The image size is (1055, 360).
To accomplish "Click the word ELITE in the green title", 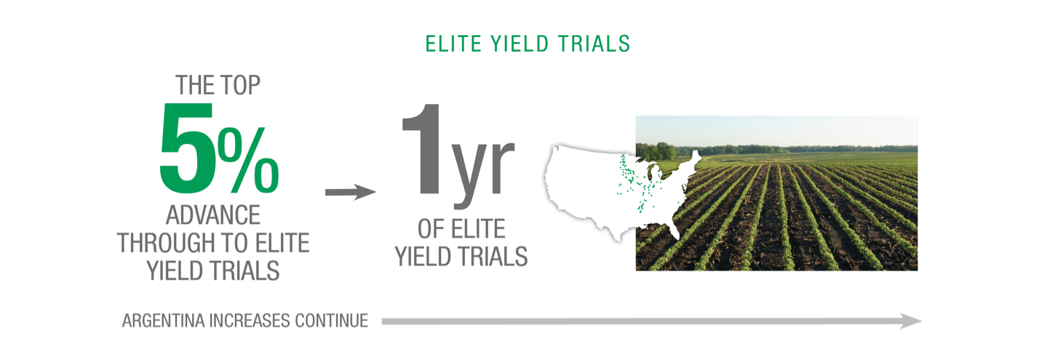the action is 453,44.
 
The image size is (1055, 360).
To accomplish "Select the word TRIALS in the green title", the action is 594,44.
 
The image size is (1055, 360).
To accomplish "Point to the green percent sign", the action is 248,160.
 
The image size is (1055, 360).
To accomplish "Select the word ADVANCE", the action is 213,215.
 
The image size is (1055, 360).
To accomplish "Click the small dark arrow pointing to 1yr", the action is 351,192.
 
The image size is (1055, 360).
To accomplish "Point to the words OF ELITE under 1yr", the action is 461,229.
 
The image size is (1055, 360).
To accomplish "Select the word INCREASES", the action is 249,321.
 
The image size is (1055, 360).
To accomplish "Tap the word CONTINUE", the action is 332,321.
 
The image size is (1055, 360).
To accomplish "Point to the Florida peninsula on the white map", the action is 674,229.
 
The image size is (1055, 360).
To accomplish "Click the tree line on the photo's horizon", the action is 776,150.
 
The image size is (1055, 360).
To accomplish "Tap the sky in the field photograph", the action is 776,130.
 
